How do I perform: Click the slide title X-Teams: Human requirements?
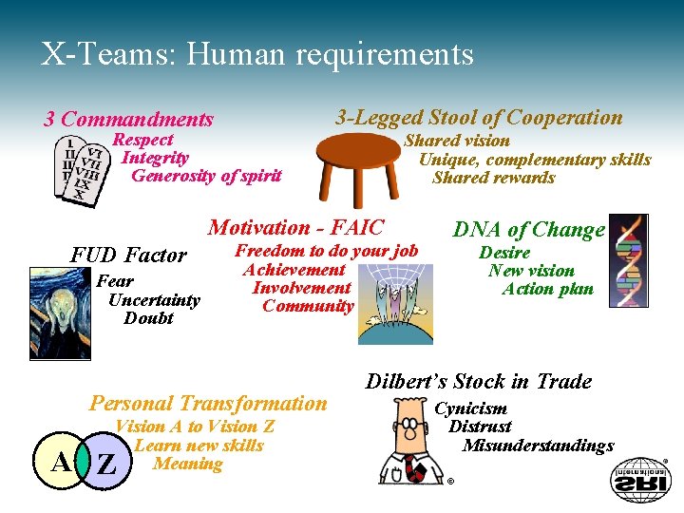pos(257,54)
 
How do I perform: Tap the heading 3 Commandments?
pos(129,120)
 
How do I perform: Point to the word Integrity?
pos(155,158)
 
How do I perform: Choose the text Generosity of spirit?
pos(206,176)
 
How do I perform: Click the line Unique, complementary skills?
pos(535,160)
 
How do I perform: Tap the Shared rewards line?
pos(493,178)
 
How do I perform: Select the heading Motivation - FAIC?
pos(295,228)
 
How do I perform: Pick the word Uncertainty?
pos(155,300)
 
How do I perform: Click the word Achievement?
pos(294,270)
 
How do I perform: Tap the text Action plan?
pos(548,289)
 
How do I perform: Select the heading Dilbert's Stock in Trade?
pos(479,382)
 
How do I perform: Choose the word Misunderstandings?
pos(539,446)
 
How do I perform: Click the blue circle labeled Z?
pos(107,465)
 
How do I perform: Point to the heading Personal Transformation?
pos(208,403)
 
